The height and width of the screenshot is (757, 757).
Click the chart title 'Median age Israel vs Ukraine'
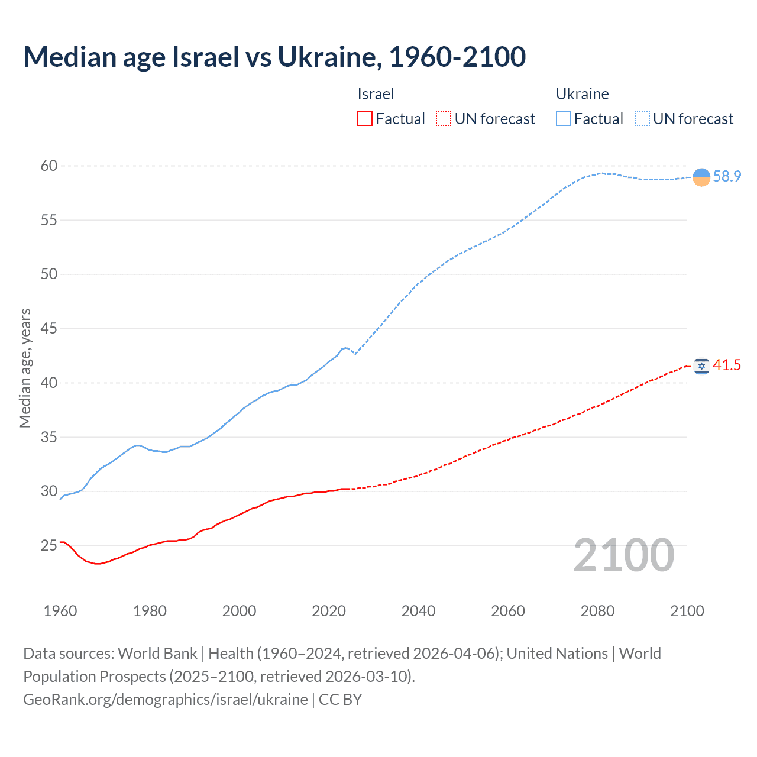pyautogui.click(x=274, y=57)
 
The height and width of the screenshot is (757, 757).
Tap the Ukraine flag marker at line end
pyautogui.click(x=701, y=177)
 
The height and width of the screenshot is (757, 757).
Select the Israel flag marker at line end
pyautogui.click(x=701, y=366)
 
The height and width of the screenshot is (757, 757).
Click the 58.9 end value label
pyautogui.click(x=727, y=177)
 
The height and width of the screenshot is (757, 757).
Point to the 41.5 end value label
pyautogui.click(x=727, y=365)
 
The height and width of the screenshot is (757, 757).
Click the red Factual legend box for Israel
pyautogui.click(x=365, y=119)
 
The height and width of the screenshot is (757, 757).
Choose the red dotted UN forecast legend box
pyautogui.click(x=444, y=119)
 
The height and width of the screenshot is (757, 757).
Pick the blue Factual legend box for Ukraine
pyautogui.click(x=564, y=119)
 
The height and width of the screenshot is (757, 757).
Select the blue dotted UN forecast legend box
pyautogui.click(x=642, y=119)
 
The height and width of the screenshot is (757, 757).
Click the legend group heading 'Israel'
pyautogui.click(x=376, y=94)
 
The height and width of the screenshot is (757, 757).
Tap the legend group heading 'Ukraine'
pyautogui.click(x=582, y=94)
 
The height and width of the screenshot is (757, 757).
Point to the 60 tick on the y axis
pyautogui.click(x=49, y=166)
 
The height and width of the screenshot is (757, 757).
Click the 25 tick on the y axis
pyautogui.click(x=49, y=545)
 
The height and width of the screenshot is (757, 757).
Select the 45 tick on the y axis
pyautogui.click(x=49, y=328)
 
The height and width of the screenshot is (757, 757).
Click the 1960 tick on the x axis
pyautogui.click(x=60, y=611)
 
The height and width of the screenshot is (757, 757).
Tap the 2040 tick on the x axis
pyautogui.click(x=418, y=611)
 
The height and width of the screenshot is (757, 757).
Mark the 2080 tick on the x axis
pyautogui.click(x=597, y=611)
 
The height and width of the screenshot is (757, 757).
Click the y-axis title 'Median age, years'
pyautogui.click(x=25, y=368)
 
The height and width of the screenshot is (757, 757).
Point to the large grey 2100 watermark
pyautogui.click(x=623, y=555)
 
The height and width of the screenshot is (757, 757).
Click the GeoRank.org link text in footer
pyautogui.click(x=166, y=700)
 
